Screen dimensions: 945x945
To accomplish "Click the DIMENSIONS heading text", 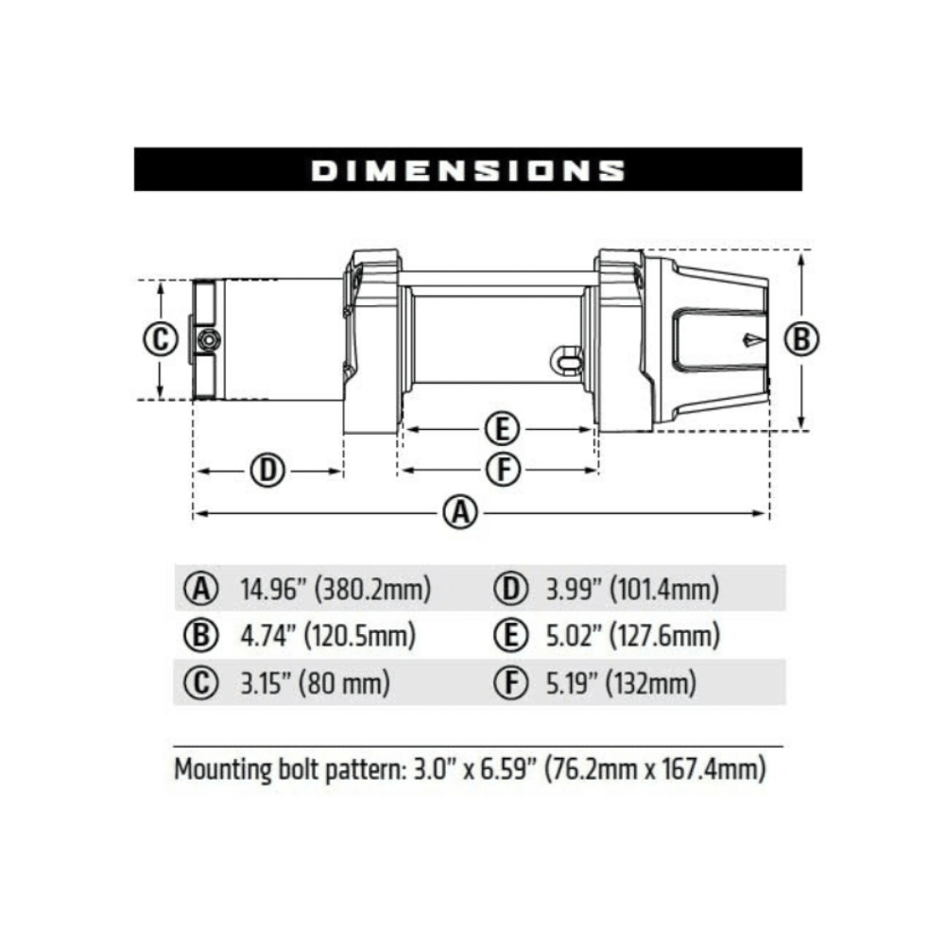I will pos(468,170).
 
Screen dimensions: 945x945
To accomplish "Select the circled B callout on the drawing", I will pos(801,339).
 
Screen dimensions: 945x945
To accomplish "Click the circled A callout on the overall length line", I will pos(459,513).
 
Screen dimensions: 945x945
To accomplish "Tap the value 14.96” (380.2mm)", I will pos(335,591).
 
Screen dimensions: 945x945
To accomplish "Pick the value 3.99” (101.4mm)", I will pos(632,591).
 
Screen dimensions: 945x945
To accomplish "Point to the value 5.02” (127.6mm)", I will pos(632,636).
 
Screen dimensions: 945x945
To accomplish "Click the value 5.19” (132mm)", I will pos(620,681).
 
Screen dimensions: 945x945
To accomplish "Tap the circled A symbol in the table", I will pos(199,591).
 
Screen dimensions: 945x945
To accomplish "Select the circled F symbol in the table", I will pos(511,681).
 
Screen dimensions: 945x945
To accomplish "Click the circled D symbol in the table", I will pos(511,591).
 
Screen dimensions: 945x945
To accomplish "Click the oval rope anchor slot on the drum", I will pos(566,357).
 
